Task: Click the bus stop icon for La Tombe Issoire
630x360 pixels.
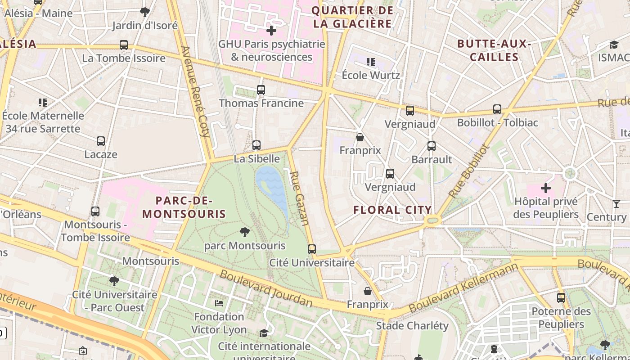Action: (124, 45)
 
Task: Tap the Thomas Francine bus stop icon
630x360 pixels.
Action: (261, 90)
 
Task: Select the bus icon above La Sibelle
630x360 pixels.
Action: (256, 145)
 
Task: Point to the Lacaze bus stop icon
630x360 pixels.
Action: (101, 141)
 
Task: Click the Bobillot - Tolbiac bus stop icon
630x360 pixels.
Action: (497, 109)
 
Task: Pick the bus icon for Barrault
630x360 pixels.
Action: (432, 146)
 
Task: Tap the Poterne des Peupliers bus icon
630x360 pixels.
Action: (561, 298)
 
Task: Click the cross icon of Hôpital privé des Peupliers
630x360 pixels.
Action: (546, 188)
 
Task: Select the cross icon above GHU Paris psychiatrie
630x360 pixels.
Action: (271, 31)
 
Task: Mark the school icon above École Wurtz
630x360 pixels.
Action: (371, 62)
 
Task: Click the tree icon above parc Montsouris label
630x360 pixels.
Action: (245, 232)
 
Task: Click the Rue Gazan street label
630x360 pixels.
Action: (299, 198)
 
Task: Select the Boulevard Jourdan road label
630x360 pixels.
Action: (265, 288)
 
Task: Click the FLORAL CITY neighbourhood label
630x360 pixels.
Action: (392, 210)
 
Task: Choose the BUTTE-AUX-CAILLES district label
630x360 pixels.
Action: (494, 50)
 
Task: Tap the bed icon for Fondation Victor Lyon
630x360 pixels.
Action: (219, 303)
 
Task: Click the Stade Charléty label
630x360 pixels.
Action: (412, 325)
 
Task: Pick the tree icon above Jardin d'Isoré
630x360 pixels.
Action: (145, 12)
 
